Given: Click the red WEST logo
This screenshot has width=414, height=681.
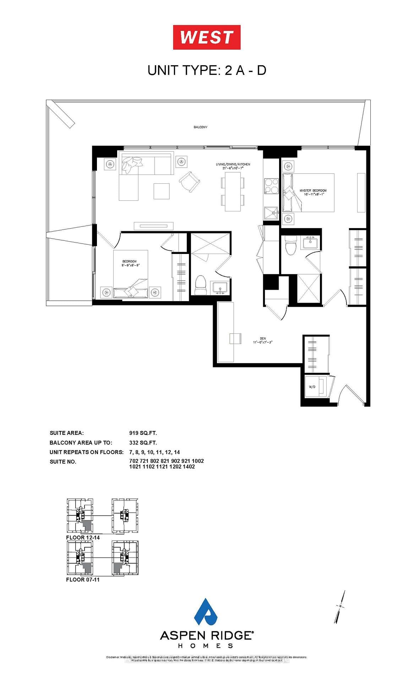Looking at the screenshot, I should (207, 37).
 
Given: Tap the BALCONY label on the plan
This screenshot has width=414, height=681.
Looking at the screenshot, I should (200, 127).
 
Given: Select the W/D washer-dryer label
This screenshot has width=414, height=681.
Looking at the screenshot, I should (312, 387).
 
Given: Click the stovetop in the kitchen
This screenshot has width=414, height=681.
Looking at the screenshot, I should (272, 186).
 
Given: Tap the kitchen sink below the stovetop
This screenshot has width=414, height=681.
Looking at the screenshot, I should (272, 213).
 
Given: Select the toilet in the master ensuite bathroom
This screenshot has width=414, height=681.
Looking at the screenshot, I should (290, 245).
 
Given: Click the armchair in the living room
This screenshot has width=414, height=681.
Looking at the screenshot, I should (190, 181).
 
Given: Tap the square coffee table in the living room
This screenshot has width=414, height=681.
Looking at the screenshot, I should (162, 191).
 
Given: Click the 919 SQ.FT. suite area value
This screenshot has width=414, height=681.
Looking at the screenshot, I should (143, 433).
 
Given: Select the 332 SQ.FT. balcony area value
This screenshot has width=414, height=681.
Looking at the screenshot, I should (143, 442).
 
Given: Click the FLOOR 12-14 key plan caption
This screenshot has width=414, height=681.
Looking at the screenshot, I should (83, 537).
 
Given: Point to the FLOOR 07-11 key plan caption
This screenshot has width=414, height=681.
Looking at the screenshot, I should (83, 579).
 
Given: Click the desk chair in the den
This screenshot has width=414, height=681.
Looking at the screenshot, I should (235, 338).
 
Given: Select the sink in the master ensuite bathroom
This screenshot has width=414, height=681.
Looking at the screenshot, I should (311, 243).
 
